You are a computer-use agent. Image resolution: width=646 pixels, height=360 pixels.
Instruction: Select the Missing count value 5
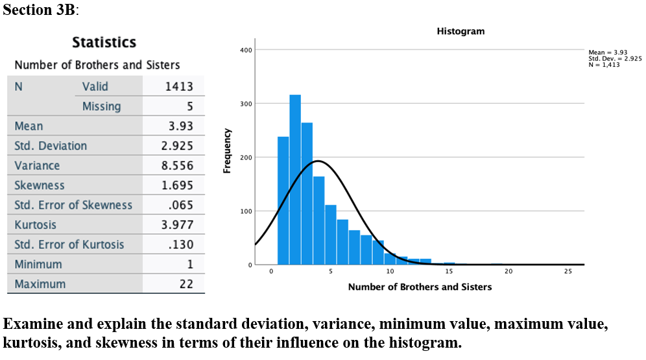[x=189, y=106]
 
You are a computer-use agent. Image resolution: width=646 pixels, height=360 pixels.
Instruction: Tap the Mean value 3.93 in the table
[x=180, y=126]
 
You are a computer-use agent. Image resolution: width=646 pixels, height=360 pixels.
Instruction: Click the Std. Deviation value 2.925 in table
[x=177, y=146]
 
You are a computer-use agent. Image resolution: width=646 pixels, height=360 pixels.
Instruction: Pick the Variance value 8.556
[x=177, y=165]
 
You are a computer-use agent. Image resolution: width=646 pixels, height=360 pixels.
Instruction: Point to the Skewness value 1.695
[x=177, y=186]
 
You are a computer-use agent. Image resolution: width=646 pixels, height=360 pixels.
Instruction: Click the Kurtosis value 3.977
[x=177, y=225]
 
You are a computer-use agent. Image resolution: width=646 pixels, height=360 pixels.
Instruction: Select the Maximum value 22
[x=186, y=284]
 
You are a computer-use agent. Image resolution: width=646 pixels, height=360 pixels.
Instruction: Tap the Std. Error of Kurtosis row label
[x=69, y=245]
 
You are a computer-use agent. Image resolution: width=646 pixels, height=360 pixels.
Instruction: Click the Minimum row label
[x=38, y=264]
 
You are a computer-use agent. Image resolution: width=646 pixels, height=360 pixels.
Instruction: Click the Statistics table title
[x=104, y=43]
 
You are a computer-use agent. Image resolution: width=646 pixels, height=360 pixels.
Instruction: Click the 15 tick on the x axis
[x=449, y=271]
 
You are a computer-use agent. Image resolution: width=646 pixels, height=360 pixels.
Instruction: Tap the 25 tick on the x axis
[x=568, y=271]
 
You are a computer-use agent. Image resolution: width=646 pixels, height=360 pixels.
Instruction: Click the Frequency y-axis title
[x=227, y=150]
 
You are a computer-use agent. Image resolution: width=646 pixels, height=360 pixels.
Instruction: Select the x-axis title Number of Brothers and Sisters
[x=420, y=287]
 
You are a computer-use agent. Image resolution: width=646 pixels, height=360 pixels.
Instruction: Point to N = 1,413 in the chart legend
[x=604, y=64]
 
